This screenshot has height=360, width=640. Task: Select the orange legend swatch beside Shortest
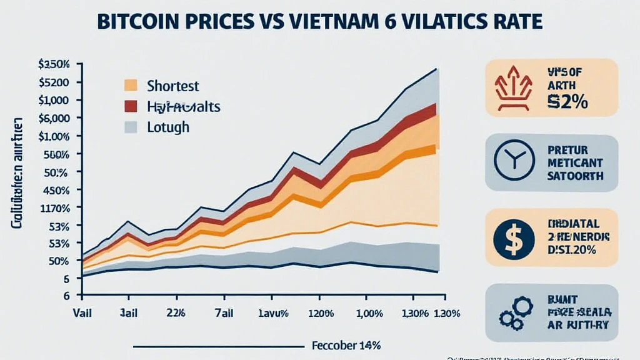click(x=131, y=85)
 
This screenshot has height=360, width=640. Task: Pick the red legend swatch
click(x=131, y=106)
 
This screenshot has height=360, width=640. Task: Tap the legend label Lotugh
click(x=167, y=127)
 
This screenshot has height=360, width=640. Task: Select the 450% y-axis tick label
click(x=56, y=190)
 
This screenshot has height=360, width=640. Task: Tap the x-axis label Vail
click(x=82, y=312)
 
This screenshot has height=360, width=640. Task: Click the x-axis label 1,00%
click(x=369, y=312)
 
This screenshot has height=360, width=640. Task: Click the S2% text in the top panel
click(x=567, y=101)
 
